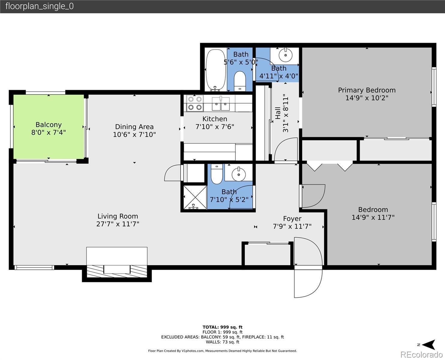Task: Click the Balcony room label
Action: (49, 125)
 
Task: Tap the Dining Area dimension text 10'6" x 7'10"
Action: (134, 134)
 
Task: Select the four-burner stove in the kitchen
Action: (195, 103)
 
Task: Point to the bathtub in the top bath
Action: (216, 70)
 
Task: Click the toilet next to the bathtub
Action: (240, 81)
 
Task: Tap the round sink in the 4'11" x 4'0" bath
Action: (285, 55)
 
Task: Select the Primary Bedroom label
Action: (367, 90)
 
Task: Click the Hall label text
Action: (278, 113)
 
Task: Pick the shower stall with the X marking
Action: (195, 197)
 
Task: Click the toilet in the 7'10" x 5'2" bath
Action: (217, 174)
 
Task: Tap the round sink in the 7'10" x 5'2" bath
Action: (239, 174)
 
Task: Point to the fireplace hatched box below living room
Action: (117, 271)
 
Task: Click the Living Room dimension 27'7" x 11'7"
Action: (118, 224)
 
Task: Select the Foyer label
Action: (292, 218)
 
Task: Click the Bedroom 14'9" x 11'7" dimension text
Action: (373, 217)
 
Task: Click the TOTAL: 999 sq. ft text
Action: (222, 327)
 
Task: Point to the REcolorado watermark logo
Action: (422, 355)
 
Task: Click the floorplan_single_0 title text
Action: (40, 6)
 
